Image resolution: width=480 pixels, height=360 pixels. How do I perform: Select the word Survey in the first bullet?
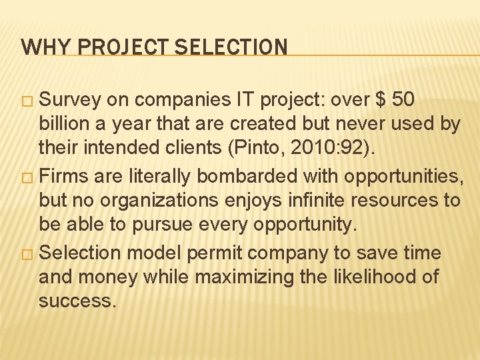click(70, 100)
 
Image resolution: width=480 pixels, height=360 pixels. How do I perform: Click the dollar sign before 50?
click(381, 100)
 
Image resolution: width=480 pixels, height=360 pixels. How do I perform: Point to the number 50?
click(403, 100)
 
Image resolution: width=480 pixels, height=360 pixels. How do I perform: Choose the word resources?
click(398, 201)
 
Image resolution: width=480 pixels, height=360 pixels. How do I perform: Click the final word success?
click(77, 301)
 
